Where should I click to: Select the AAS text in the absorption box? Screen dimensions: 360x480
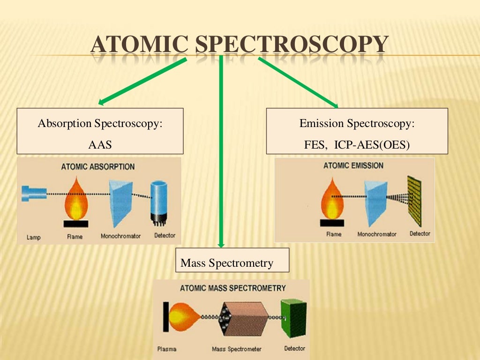pyautogui.click(x=100, y=144)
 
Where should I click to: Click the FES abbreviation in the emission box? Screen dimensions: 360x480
pyautogui.click(x=315, y=144)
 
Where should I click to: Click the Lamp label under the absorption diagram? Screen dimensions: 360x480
pyautogui.click(x=33, y=237)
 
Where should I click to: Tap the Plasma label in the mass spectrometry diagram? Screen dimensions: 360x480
pyautogui.click(x=167, y=349)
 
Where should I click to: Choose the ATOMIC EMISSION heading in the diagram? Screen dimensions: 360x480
pyautogui.click(x=353, y=165)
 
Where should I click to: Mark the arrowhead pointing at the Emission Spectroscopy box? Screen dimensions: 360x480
pyautogui.click(x=335, y=105)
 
